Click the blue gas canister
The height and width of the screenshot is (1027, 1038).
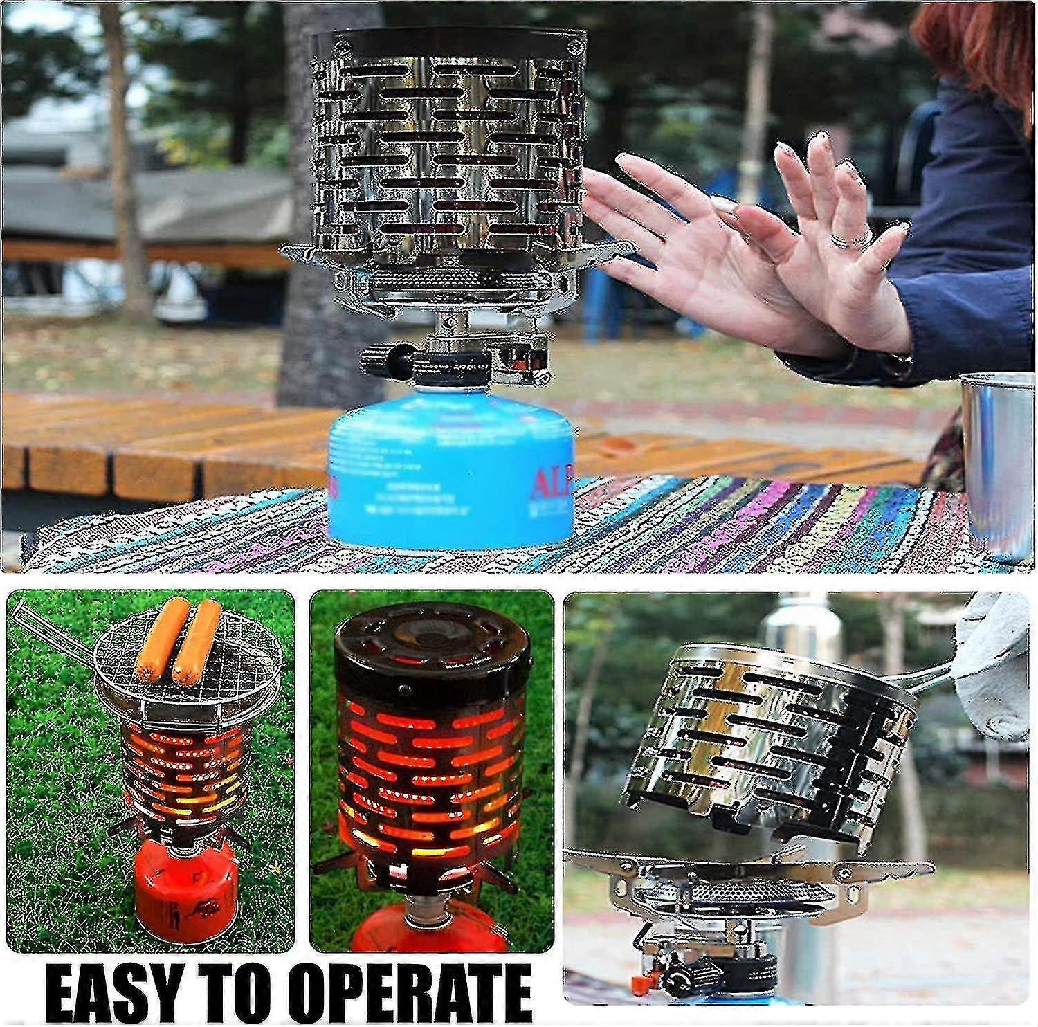[450, 478]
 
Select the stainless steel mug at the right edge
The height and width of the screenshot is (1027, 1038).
[1000, 464]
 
